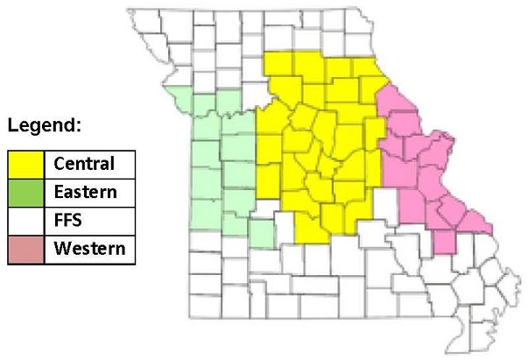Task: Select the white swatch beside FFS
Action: (x=27, y=220)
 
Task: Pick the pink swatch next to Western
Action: (x=27, y=248)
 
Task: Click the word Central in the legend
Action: (x=84, y=164)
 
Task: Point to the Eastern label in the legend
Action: (x=84, y=192)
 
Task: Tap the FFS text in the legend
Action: (x=68, y=220)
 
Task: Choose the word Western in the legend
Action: (x=88, y=248)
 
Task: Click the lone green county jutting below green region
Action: (x=260, y=234)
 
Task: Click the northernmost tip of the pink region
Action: (x=385, y=87)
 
